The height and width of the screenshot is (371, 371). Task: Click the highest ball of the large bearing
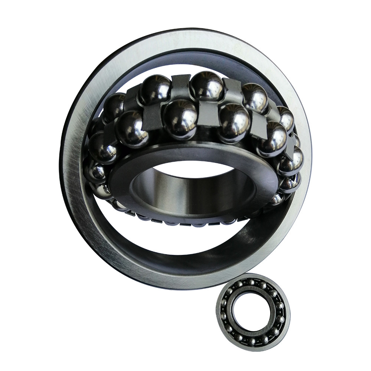207,85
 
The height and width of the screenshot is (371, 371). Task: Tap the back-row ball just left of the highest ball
155,89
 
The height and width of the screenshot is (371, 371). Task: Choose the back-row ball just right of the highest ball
255,98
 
